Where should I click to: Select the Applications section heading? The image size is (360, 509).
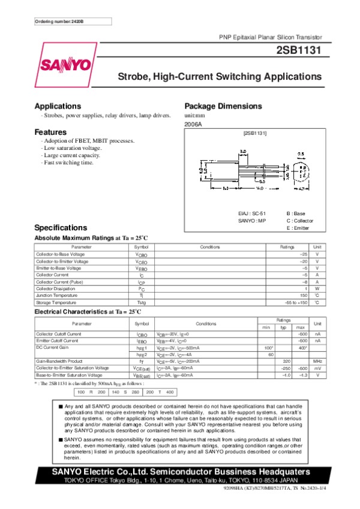coord(58,106)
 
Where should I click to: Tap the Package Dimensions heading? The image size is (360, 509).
coord(223,106)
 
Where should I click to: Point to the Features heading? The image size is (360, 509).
coord(50,132)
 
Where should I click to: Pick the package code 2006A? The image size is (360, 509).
coord(193,124)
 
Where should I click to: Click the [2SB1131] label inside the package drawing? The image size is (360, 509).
coord(254,132)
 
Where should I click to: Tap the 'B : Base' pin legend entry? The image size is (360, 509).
coord(296,213)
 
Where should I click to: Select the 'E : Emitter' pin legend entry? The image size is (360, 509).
coord(298,228)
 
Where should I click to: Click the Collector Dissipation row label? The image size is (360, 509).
coord(56,288)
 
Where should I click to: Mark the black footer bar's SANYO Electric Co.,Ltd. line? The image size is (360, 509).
coord(180,472)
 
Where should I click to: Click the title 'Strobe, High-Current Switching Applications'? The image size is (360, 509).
coord(220,77)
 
